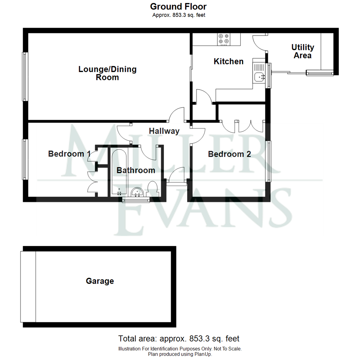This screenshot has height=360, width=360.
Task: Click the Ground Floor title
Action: point(178,7)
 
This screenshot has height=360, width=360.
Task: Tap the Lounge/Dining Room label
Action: point(107,73)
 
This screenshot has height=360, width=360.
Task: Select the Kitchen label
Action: point(228,62)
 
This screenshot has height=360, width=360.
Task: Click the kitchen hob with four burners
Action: point(224,39)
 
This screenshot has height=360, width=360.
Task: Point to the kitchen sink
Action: point(259,73)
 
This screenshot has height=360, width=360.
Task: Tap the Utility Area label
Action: point(303,51)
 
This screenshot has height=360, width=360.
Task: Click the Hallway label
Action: point(164,131)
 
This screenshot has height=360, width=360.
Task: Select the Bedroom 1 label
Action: point(69,154)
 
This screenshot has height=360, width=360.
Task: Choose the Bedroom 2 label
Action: point(229,154)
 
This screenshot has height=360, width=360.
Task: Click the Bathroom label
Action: point(136,170)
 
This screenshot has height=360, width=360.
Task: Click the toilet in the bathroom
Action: point(152,189)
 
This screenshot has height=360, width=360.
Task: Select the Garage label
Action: point(100,281)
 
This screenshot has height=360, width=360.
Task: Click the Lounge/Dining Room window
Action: point(25,76)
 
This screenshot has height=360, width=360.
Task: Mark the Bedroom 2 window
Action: point(268,161)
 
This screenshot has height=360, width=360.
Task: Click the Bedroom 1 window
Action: point(25,159)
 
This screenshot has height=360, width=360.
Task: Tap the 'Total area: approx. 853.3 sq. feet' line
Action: point(179,339)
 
